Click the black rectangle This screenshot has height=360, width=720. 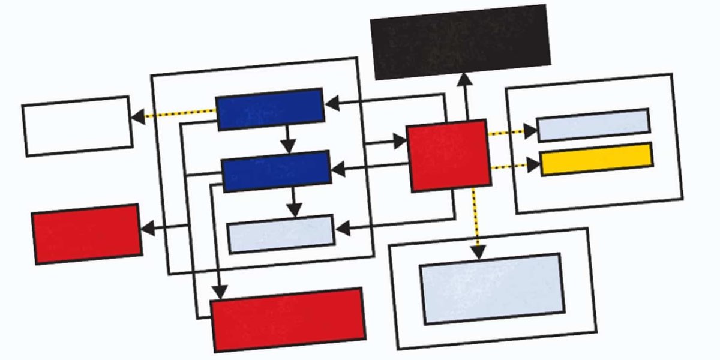click(x=460, y=41)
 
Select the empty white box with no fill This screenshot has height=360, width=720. click(x=77, y=126)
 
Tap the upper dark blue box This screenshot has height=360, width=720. click(x=270, y=109)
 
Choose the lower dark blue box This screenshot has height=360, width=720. click(x=276, y=171)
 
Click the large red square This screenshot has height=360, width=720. click(x=448, y=155)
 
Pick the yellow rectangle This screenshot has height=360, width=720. click(x=596, y=159)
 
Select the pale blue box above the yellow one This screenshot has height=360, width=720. click(x=593, y=125)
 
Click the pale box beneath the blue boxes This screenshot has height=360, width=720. click(x=280, y=234)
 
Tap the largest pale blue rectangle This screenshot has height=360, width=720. click(x=491, y=289)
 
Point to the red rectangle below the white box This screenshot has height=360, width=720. click(x=87, y=234)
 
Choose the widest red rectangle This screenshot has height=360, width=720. click(x=288, y=319)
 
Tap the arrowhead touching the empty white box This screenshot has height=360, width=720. click(x=137, y=116)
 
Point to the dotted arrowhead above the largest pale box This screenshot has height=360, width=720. click(x=478, y=252)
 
